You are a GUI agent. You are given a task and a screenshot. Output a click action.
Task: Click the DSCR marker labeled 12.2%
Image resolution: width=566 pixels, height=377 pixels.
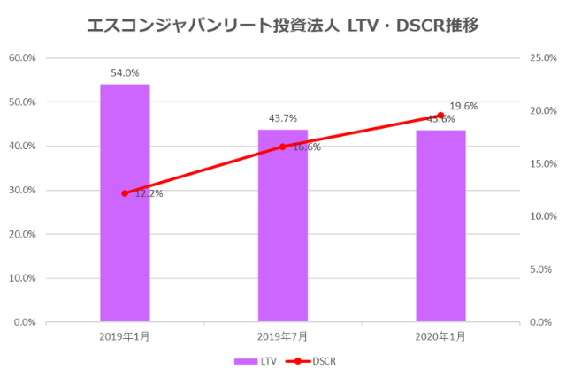tap(125, 193)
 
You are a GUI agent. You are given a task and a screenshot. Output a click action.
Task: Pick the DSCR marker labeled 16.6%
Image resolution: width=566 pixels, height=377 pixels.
tap(283, 147)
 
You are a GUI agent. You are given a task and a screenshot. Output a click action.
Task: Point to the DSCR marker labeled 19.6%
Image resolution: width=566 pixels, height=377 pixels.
tap(440, 116)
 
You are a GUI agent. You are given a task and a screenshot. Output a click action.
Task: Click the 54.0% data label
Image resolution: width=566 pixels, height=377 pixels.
tap(125, 73)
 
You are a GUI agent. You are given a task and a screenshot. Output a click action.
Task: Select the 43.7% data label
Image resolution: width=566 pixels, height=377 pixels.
tap(283, 118)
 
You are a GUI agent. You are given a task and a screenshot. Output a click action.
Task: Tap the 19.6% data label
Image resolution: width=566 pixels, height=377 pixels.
tap(463, 106)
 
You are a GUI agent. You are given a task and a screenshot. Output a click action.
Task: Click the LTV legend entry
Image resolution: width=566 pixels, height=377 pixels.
tap(256, 361)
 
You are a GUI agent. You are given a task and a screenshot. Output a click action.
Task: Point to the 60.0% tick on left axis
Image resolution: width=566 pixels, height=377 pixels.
tap(22, 58)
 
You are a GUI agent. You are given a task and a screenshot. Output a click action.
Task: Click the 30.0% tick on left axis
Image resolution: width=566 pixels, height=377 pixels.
tap(22, 191)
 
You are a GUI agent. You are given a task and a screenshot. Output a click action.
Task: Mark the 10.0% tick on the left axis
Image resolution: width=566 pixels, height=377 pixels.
tap(22, 278)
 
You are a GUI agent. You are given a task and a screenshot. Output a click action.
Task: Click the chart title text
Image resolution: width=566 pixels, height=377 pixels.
tap(283, 26)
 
